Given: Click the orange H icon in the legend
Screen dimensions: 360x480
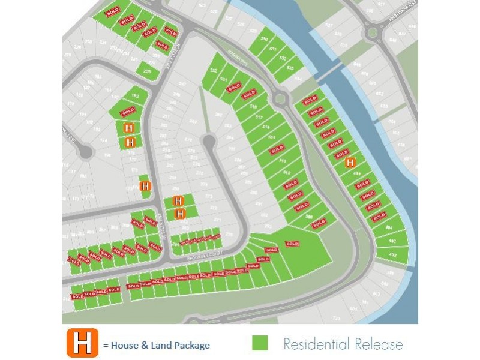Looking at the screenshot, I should pos(83,343).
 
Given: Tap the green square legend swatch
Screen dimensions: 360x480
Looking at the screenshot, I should pos(260,343).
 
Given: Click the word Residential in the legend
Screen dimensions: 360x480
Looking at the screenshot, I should pos(314,344).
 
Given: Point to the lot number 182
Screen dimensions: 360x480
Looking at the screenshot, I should pos(135,96).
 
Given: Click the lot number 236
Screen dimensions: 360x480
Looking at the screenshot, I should pos(148,71).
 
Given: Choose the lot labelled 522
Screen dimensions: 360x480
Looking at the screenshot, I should pos(212,71).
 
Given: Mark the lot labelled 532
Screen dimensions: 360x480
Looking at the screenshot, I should pos(282,58).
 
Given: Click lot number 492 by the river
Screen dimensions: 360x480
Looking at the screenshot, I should pos(393,255).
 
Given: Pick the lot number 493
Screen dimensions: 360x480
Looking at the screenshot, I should pos(392,241).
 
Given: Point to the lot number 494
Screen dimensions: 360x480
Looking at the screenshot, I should pos(389,229).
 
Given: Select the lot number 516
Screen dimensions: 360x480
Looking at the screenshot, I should pos(266,127).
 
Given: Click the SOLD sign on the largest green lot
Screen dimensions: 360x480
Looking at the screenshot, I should pos(292,244).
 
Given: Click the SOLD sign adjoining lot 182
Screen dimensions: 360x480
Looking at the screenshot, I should pos(128,112).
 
